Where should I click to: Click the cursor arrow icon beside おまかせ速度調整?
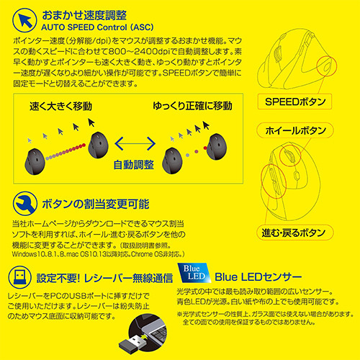point(24,20)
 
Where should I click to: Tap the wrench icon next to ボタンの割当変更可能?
point(24,204)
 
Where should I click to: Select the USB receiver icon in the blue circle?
point(19,277)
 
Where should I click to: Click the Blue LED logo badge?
point(194,273)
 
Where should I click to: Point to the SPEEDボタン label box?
point(294,102)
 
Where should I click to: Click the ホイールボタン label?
point(295,131)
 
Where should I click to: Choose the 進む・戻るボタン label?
point(294,233)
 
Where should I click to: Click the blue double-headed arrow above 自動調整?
point(135,143)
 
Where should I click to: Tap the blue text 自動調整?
point(133,165)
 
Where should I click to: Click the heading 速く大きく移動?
point(60,106)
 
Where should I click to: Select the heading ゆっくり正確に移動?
point(192,106)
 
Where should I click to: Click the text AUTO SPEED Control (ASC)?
point(97,27)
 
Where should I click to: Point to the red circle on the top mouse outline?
point(327,66)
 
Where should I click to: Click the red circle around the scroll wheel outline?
point(290,156)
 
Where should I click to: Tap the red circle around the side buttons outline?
point(274,181)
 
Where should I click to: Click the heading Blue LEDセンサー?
point(258,277)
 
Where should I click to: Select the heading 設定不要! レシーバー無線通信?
point(104,278)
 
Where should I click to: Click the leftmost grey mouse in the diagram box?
point(35,161)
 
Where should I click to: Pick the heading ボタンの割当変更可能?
point(96,204)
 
